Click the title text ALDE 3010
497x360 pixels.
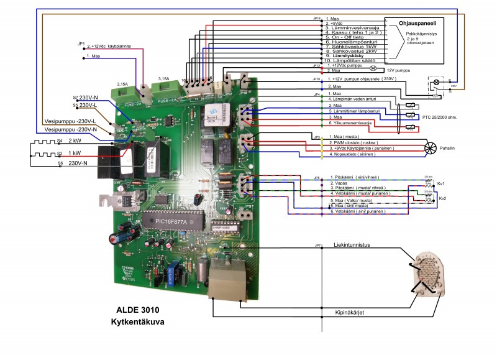(137, 309)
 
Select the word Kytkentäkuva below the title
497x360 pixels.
(137, 321)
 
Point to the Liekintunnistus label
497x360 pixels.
(352, 245)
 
